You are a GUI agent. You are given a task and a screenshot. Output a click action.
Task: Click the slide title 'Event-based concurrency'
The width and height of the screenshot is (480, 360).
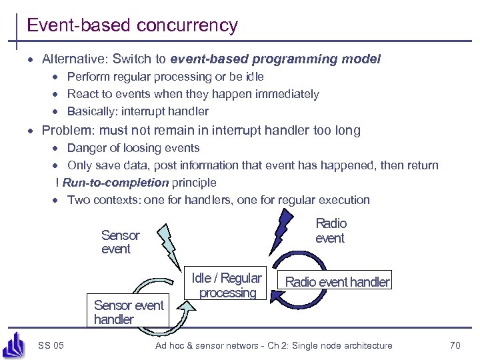pyautogui.click(x=132, y=25)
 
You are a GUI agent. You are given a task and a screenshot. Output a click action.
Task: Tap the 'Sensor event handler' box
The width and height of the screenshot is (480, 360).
pyautogui.click(x=128, y=312)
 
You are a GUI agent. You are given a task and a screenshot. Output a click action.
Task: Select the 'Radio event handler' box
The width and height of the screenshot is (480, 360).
pyautogui.click(x=337, y=282)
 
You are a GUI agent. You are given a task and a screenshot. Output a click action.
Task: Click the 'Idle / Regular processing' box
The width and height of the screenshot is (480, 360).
pyautogui.click(x=227, y=285)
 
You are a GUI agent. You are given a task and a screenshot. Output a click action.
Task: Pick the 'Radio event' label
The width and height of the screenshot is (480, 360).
pyautogui.click(x=331, y=231)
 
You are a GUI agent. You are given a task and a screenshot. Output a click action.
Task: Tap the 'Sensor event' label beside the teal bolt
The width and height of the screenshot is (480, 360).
pyautogui.click(x=120, y=242)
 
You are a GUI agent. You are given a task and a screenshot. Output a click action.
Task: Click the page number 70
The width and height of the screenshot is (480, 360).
pyautogui.click(x=455, y=345)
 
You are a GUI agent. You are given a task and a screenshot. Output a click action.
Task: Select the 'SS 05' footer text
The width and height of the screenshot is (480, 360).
pyautogui.click(x=51, y=345)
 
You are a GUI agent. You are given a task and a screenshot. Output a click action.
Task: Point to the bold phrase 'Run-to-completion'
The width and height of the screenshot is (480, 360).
pyautogui.click(x=115, y=182)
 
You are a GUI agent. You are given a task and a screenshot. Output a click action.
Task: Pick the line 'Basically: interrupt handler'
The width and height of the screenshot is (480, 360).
pyautogui.click(x=138, y=111)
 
